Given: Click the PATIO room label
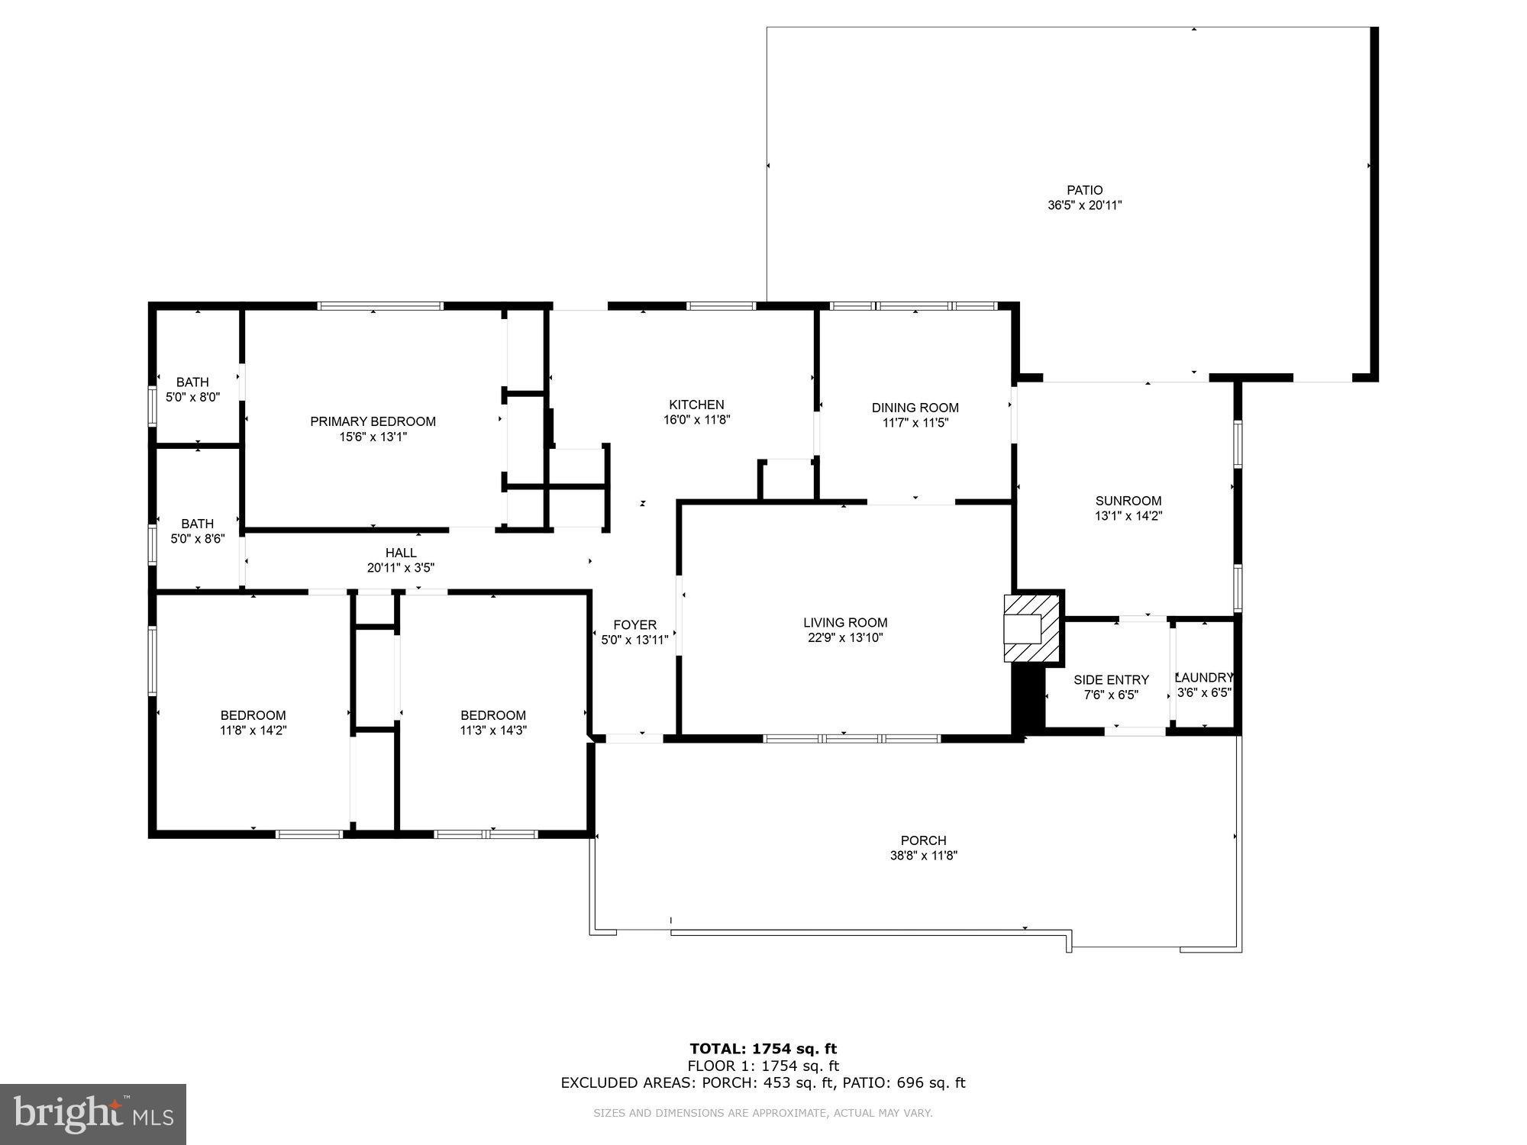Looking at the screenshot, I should point(1084,190).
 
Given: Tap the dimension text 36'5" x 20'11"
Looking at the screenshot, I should point(1084,205).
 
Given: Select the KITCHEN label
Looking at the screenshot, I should point(696,405).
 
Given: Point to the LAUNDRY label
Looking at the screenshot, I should point(1204,678).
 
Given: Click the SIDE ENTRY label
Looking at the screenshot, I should point(1111,680).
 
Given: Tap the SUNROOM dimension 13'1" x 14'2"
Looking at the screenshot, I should point(1128,516).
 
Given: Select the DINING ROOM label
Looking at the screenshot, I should point(915,408).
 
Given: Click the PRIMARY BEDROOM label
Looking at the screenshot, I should point(373,421).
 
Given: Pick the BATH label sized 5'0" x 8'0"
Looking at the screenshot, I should point(192,382).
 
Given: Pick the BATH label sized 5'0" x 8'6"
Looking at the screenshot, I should point(197,524).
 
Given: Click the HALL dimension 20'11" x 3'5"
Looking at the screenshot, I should point(401,568).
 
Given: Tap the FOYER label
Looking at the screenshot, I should point(634,625).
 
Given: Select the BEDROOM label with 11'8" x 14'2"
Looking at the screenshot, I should point(253,715).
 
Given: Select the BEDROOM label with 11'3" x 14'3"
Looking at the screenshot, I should point(492,715).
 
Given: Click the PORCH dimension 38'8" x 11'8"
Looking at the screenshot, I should point(923,856).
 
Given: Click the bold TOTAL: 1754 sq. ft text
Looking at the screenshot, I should point(763,1049).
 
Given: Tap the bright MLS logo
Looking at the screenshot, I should point(93,1114).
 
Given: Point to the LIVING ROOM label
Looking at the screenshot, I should point(845,623).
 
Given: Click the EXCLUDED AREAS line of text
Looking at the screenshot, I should point(763,1082).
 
